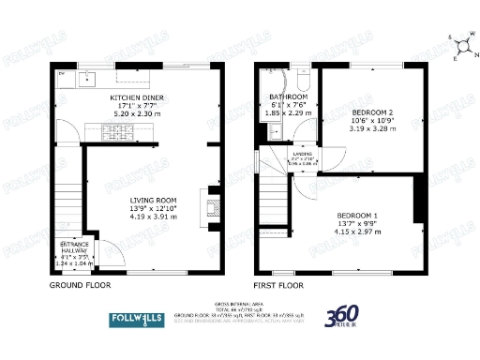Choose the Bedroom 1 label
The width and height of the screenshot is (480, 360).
point(357,217)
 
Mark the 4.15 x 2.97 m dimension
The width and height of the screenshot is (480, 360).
point(357,232)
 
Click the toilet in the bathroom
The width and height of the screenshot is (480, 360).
point(300,78)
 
